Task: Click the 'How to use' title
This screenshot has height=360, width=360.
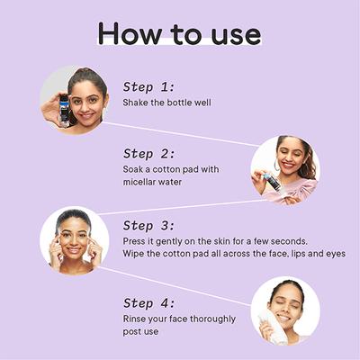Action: point(179,33)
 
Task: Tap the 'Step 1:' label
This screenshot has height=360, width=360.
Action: point(148,87)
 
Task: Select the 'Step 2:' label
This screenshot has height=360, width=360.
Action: point(148,154)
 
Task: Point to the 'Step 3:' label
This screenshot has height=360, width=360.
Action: point(148,226)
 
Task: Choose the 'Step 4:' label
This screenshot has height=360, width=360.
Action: point(148,303)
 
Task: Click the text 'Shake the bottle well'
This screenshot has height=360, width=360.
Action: point(166,103)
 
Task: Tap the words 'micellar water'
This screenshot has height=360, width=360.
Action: point(152,182)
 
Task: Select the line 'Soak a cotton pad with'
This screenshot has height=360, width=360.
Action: point(171,169)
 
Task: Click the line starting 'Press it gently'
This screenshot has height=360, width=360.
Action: point(215,241)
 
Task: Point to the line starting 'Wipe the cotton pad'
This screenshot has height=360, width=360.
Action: point(234,254)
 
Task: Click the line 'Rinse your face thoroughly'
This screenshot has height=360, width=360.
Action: point(179,319)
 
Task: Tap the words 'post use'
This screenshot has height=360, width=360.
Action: point(140,332)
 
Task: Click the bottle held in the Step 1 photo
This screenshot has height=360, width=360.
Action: point(64,110)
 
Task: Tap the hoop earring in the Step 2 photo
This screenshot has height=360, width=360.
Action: point(275,165)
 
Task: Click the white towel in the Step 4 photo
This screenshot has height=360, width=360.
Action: point(273,327)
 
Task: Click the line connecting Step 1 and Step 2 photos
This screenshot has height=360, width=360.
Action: point(179,134)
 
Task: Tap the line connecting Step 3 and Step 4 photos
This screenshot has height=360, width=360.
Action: point(175,286)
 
